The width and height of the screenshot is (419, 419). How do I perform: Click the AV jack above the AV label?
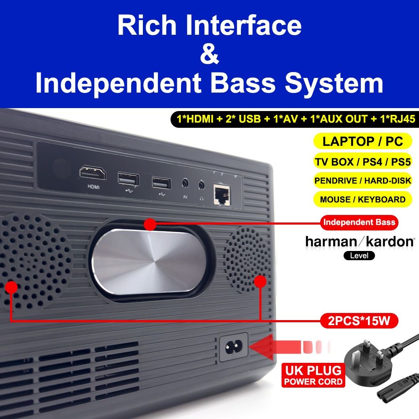(x=185, y=183)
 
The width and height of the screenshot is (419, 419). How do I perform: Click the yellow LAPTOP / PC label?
(x=362, y=141)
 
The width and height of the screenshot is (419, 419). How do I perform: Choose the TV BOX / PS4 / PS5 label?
(x=362, y=161)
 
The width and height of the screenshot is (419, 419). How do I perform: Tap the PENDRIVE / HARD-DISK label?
(x=362, y=181)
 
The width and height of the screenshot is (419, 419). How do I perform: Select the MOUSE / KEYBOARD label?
(x=362, y=199)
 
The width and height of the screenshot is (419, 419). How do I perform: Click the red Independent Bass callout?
(x=359, y=222)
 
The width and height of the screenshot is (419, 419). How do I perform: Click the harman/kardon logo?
(x=360, y=242)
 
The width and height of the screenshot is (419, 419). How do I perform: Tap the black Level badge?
(x=359, y=255)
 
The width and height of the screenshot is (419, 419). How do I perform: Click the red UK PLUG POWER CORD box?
(x=313, y=375)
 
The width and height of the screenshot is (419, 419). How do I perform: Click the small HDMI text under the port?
(x=93, y=187)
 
